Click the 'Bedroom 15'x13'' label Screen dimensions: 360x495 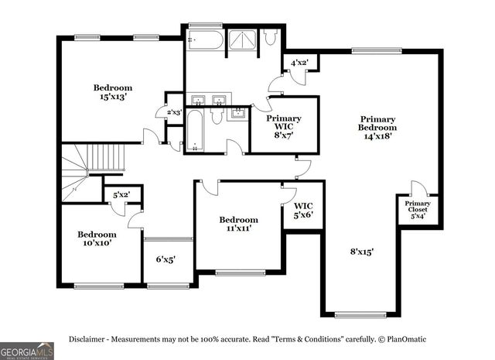coord(114,93)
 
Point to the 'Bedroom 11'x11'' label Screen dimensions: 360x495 coord(238,224)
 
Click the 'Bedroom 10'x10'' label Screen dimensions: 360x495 coord(97,238)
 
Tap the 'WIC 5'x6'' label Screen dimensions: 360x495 coord(303,210)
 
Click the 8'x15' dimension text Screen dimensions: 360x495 coord(361,252)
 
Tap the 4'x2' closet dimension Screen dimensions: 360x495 coord(299,63)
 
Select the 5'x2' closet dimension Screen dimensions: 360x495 coord(121,195)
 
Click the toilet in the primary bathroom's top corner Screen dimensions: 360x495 coord(270,37)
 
